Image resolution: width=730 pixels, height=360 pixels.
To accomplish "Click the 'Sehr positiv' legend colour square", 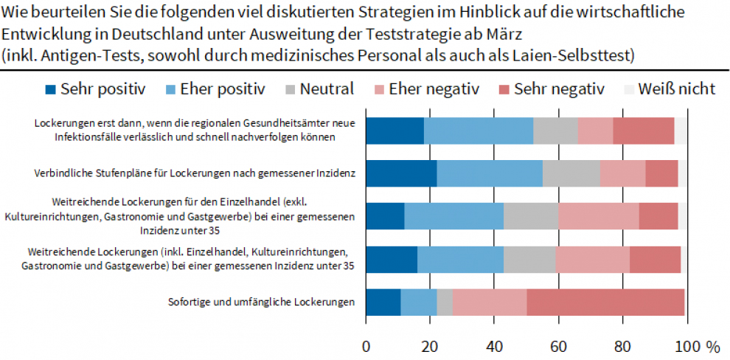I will click(51, 90).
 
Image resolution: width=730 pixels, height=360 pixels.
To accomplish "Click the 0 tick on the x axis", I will click(366, 346).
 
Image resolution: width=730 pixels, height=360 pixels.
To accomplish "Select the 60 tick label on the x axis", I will click(558, 346).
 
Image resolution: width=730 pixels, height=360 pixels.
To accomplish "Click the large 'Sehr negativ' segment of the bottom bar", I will click(605, 303).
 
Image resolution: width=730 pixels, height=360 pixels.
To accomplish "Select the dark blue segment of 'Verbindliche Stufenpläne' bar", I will click(401, 173).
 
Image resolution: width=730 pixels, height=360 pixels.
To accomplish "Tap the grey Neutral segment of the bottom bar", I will click(445, 303).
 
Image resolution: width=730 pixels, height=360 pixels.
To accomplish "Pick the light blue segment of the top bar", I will click(479, 130).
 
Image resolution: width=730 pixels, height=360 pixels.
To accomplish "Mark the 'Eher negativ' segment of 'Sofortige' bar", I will click(490, 303).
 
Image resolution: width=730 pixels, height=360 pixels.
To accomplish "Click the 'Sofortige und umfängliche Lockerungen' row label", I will click(262, 301).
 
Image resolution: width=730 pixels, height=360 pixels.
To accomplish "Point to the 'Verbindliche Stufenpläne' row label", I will click(195, 174).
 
